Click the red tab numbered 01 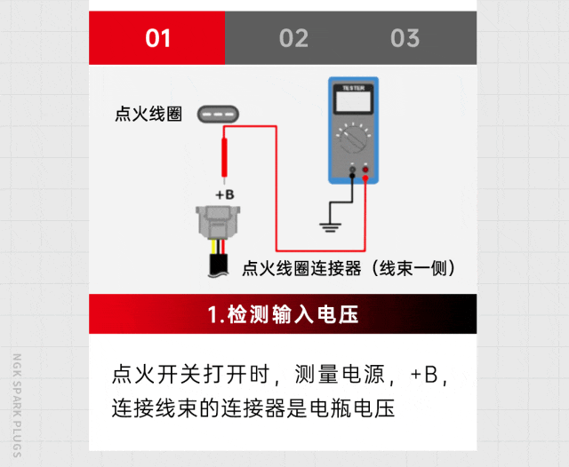click(x=156, y=37)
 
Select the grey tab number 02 click(x=293, y=38)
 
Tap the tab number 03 click(x=405, y=38)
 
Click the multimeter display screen click(x=354, y=101)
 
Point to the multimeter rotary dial click(x=353, y=139)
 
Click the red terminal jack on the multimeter click(x=365, y=170)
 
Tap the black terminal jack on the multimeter click(x=352, y=170)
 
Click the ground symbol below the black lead click(x=330, y=227)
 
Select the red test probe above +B click(x=224, y=161)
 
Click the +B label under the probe click(x=225, y=195)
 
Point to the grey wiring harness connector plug click(x=218, y=223)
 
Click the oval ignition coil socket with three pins click(x=218, y=115)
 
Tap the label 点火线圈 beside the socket click(x=148, y=115)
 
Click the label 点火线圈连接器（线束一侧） click(x=348, y=268)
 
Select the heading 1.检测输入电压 click(x=283, y=314)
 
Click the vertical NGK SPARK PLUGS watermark click(x=17, y=406)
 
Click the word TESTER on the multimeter click(x=353, y=88)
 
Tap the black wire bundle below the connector click(x=219, y=265)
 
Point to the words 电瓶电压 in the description click(x=352, y=408)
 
